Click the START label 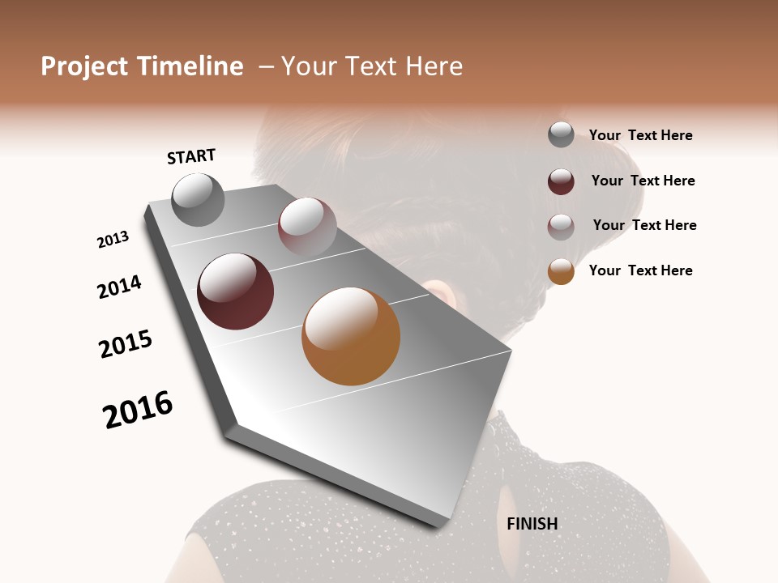point(191,156)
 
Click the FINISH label point(532,524)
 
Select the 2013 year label point(113,240)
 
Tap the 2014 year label point(119,287)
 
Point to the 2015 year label point(126,344)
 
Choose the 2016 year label point(138,409)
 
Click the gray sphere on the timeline point(198,200)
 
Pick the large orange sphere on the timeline point(351,336)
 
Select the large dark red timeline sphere point(235,291)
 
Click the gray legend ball point(561,134)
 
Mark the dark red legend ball point(561,181)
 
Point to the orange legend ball point(561,271)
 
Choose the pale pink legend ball point(561,227)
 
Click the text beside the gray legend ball point(640,136)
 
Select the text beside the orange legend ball point(640,270)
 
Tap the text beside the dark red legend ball point(643,181)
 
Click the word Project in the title point(83,66)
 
